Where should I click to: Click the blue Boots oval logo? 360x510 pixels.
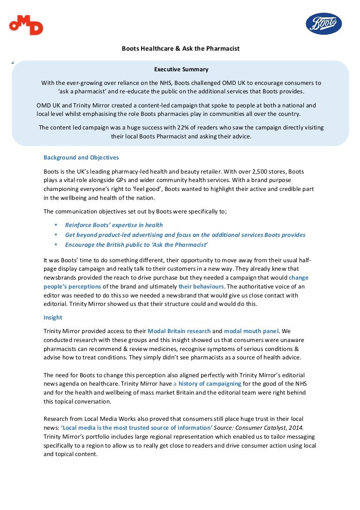(323, 24)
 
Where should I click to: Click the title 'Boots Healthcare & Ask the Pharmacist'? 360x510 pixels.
(180, 48)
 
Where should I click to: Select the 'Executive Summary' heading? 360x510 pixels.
(181, 69)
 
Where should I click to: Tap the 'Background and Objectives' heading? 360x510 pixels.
(81, 158)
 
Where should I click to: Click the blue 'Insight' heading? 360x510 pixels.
(53, 318)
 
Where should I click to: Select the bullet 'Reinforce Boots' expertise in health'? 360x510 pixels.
(114, 225)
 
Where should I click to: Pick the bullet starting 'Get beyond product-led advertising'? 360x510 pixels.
(185, 235)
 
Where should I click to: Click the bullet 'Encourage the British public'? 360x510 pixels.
(136, 245)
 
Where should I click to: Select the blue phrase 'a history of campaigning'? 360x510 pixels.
(207, 384)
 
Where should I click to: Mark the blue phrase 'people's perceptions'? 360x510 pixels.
(72, 286)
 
